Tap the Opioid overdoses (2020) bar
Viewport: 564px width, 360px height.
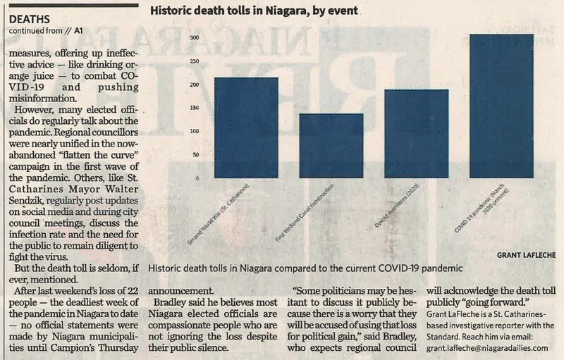pyautogui.click(x=416, y=134)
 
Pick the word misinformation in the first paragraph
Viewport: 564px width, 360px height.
pyautogui.click(x=48, y=99)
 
